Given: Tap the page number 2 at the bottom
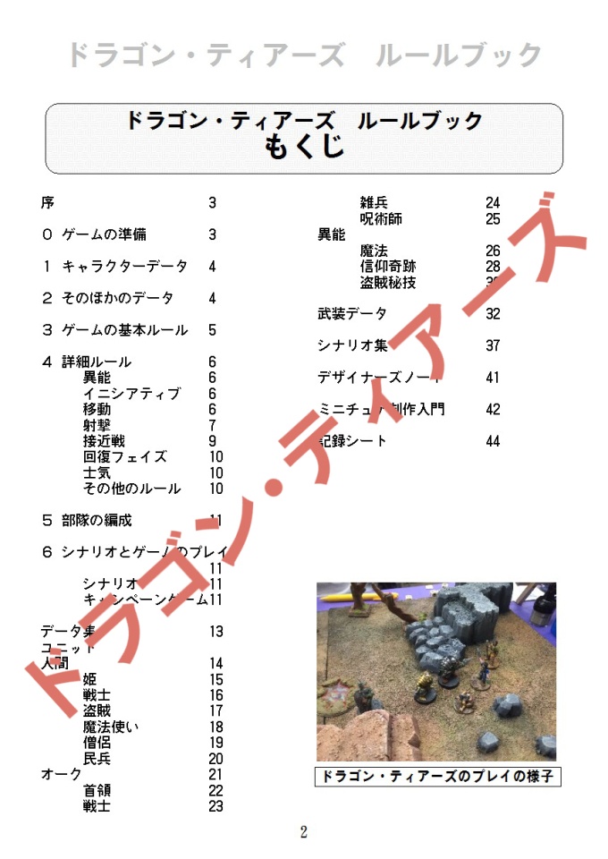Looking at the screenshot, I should point(304,832).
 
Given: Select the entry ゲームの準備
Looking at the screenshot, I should point(105,234).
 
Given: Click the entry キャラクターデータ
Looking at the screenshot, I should point(124,267).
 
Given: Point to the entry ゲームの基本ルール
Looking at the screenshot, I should point(124,330).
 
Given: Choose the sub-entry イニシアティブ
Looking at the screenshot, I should point(131,394).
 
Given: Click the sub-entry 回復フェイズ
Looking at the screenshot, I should point(125,457).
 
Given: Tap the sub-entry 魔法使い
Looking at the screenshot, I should point(111,727).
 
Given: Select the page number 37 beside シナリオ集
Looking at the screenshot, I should point(493,346).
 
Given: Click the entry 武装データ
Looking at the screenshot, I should point(352,314).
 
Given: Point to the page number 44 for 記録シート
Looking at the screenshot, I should point(493,441).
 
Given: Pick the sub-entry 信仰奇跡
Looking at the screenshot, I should point(388,267).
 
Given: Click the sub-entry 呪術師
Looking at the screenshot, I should point(381,219).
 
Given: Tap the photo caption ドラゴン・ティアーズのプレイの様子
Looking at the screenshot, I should point(437,777).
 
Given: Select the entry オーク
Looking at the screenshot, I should point(61,775).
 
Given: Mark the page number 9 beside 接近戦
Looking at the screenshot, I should point(213,441).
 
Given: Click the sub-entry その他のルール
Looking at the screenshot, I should point(131,489).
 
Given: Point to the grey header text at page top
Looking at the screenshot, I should point(304,55).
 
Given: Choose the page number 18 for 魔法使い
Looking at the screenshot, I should point(215,727).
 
